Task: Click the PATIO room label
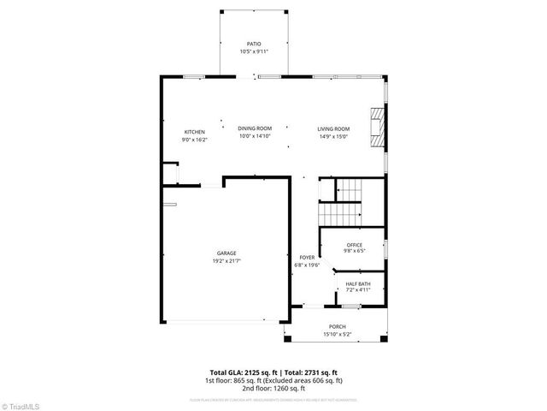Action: pos(254,43)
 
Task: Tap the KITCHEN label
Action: pos(195,132)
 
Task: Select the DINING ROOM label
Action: pos(255,128)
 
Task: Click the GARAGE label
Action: pos(226,254)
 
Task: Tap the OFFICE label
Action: pos(354,246)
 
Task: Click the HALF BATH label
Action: pos(357,284)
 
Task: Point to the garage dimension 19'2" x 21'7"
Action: pos(226,261)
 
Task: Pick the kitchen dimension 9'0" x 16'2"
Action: pos(195,139)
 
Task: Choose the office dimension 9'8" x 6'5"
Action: pos(354,252)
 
